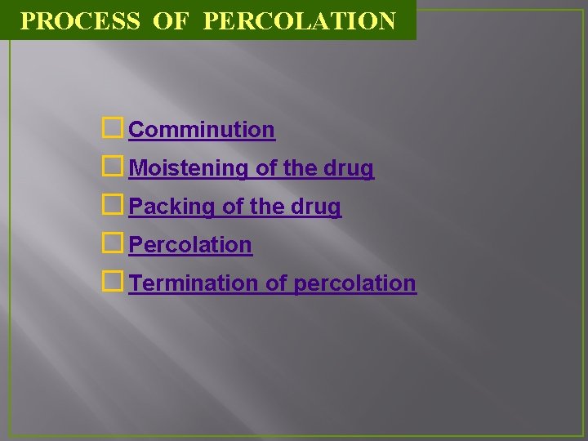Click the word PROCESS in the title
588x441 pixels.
pos(80,20)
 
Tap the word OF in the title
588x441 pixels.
pos(170,20)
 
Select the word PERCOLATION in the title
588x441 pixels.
pos(299,20)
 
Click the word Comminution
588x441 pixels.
pos(202,130)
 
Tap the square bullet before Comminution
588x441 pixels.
pos(114,128)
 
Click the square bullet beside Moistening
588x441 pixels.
pos(114,167)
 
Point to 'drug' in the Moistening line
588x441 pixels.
pos(349,169)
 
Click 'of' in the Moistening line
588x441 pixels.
pos(265,168)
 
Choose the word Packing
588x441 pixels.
pos(172,207)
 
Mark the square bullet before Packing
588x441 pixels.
pos(114,205)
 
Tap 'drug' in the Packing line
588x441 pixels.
pos(316,207)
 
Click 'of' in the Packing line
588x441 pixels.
pos(233,207)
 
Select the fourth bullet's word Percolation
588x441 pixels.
pos(190,244)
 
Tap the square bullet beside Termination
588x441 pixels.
pos(114,282)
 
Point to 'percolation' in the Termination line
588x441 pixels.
pos(354,283)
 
